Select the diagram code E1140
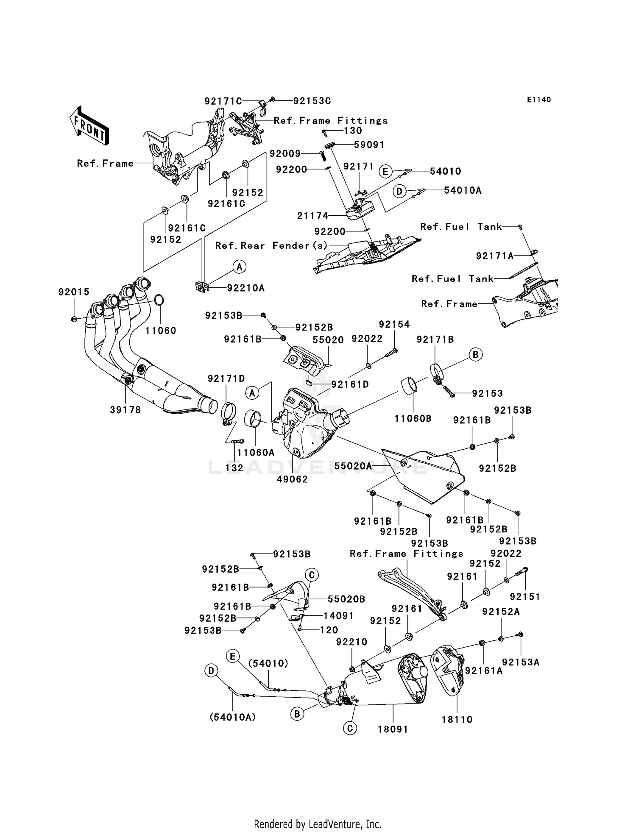[539, 100]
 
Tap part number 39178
[125, 410]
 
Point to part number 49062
[292, 479]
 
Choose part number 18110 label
[457, 719]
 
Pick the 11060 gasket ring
[159, 300]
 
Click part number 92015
[74, 292]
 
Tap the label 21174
[312, 216]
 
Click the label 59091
[369, 145]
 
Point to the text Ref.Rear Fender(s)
[271, 245]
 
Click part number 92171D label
[226, 378]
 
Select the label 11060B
[413, 419]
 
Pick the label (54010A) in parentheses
[233, 717]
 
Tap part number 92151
[525, 597]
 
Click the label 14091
[338, 615]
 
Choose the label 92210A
[245, 288]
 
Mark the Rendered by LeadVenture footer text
[318, 824]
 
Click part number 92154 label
[394, 324]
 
